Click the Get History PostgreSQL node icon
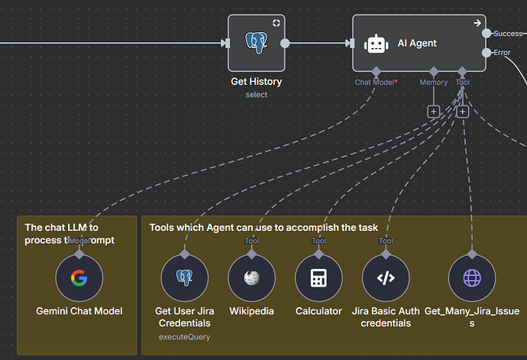tap(256, 44)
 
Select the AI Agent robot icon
tap(376, 44)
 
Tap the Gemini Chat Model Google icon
tap(79, 277)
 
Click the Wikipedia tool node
tap(251, 277)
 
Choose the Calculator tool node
tap(318, 277)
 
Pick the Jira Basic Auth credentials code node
tap(386, 277)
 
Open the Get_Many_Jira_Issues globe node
tap(472, 277)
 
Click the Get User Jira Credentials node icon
tap(184, 277)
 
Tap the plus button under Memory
tap(434, 111)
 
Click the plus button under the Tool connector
tap(462, 111)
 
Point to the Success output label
tap(508, 34)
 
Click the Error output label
tap(502, 53)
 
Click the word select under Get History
tap(256, 94)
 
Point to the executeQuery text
tap(184, 336)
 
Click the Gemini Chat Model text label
tap(79, 311)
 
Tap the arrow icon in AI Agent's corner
tap(477, 23)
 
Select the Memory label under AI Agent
tap(434, 82)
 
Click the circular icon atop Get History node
tap(276, 23)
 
